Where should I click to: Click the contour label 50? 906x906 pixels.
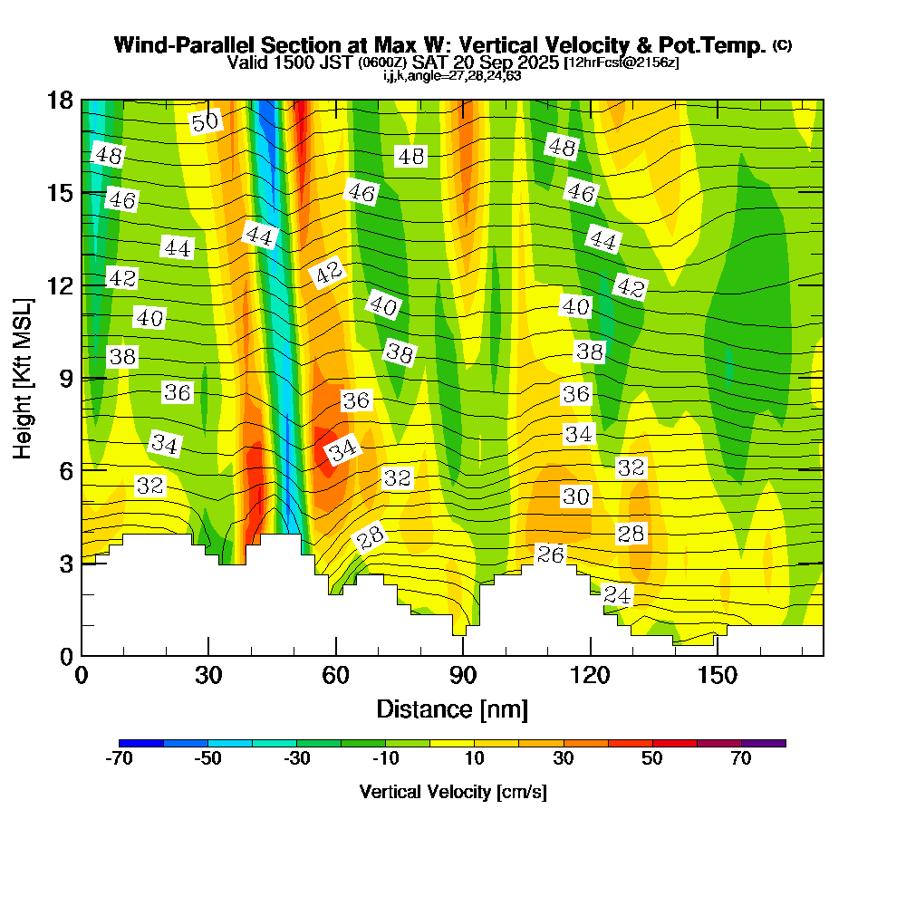206,121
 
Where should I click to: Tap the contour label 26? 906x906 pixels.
551,554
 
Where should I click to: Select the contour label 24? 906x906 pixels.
617,595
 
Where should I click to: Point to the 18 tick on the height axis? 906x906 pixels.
60,100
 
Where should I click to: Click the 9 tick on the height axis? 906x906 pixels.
65,378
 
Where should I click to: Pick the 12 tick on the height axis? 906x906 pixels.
60,284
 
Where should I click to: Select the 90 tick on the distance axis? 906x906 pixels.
463,675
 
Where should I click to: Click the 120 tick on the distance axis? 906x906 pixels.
590,675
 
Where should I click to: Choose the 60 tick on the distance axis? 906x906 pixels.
336,675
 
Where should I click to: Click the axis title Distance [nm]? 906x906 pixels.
452,708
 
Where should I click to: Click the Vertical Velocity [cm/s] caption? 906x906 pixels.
452,792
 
